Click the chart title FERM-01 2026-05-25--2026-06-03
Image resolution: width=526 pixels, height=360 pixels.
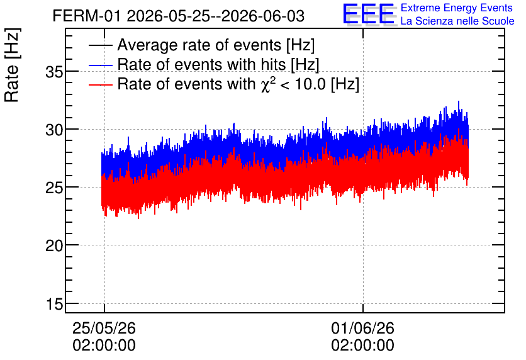[x=179, y=16]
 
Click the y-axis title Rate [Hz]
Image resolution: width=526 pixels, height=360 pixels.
[x=12, y=65]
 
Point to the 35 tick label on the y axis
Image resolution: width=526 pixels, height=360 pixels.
[x=54, y=72]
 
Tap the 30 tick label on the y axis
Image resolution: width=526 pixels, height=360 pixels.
[x=54, y=130]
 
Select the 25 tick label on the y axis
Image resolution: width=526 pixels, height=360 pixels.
[x=54, y=188]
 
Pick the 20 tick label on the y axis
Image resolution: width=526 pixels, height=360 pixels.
[x=54, y=246]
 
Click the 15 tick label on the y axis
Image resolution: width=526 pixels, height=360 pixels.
[x=55, y=305]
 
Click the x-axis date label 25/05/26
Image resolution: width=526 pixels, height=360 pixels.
[x=104, y=328]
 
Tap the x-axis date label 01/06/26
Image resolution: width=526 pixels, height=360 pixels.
[x=362, y=328]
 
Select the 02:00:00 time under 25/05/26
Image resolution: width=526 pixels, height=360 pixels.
[x=104, y=346]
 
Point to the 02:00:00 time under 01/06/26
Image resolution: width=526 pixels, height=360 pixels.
[x=362, y=346]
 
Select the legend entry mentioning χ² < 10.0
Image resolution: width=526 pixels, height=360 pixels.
[x=238, y=84]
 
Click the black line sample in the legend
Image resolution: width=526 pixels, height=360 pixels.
[x=101, y=45]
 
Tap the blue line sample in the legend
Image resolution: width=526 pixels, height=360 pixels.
[x=101, y=65]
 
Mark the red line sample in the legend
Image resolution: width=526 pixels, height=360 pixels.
[x=101, y=84]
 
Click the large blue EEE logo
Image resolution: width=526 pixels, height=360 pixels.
[x=369, y=14]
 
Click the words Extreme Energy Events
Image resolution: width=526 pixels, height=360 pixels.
[x=457, y=8]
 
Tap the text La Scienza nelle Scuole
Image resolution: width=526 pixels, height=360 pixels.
[x=457, y=21]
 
